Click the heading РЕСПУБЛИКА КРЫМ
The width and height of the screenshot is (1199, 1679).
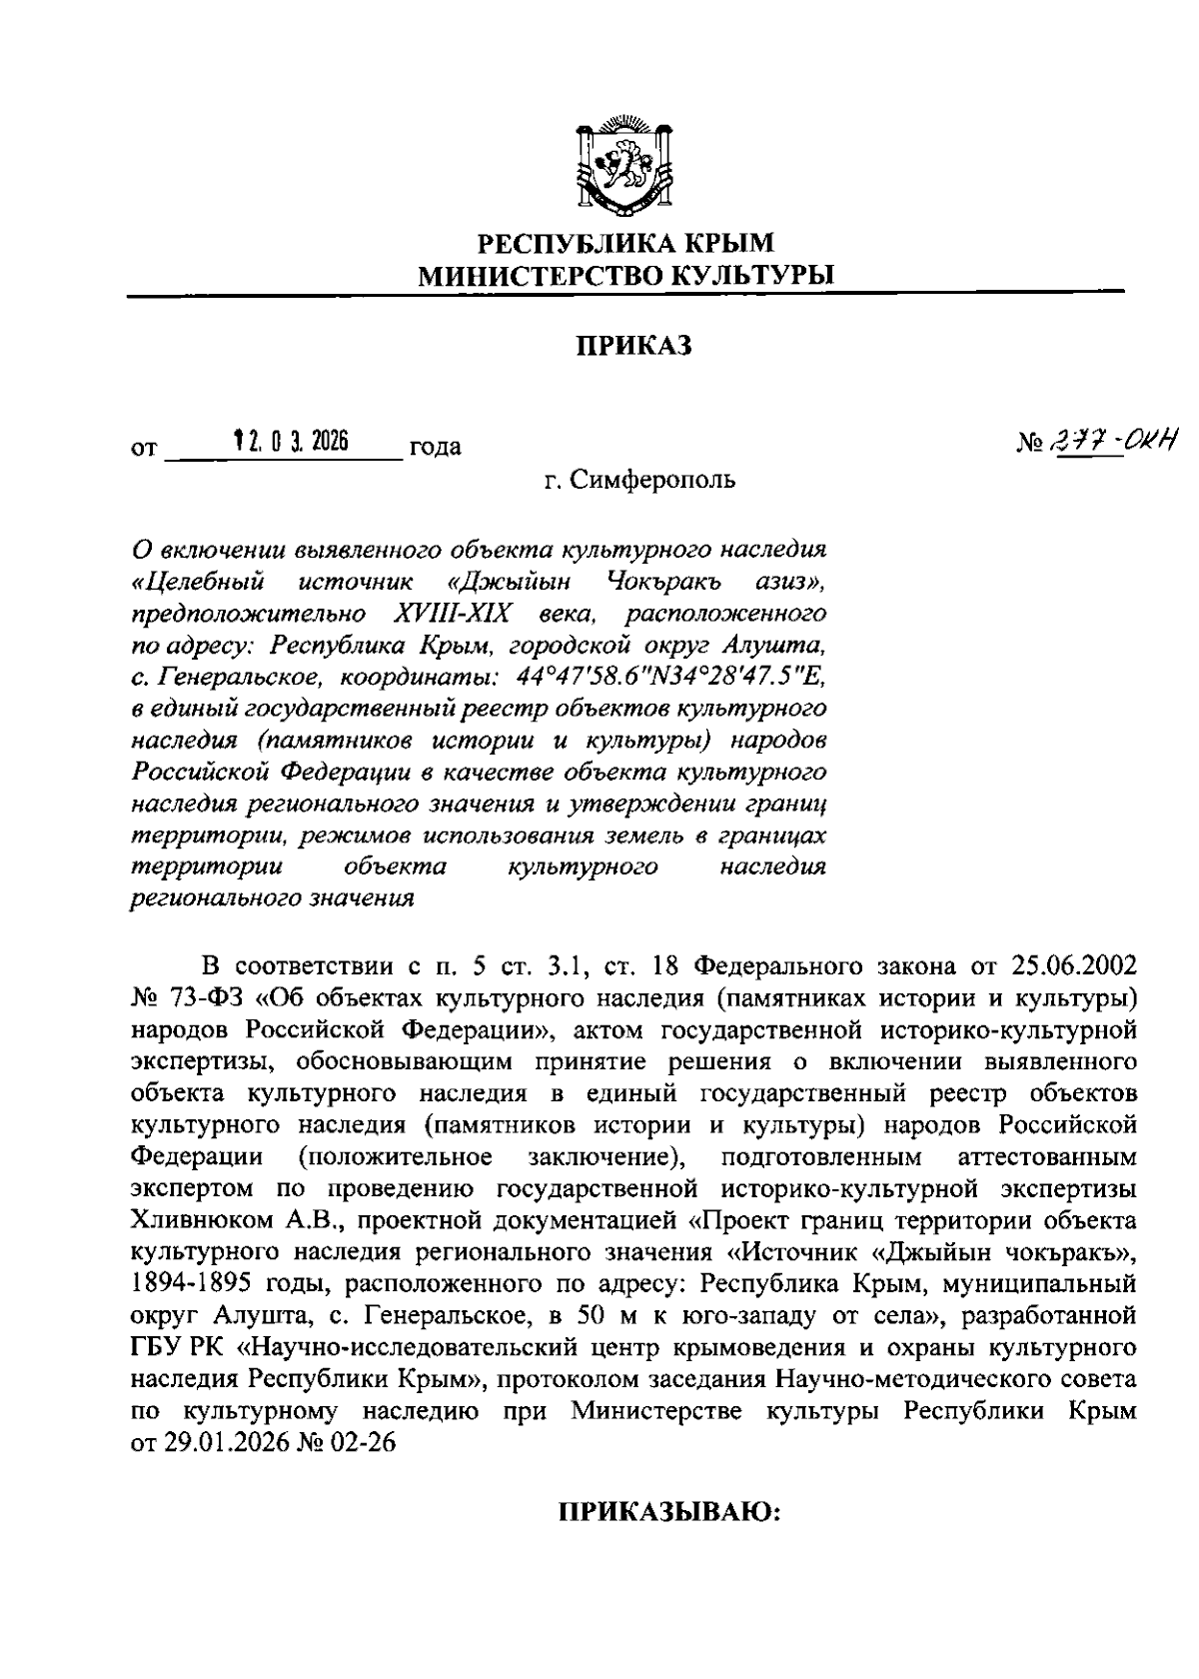[x=625, y=243]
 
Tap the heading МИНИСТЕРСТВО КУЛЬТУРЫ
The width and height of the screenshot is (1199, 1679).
[x=625, y=276]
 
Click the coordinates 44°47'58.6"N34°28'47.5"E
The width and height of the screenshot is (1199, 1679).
[x=670, y=678]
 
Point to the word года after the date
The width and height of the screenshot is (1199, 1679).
[x=435, y=447]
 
